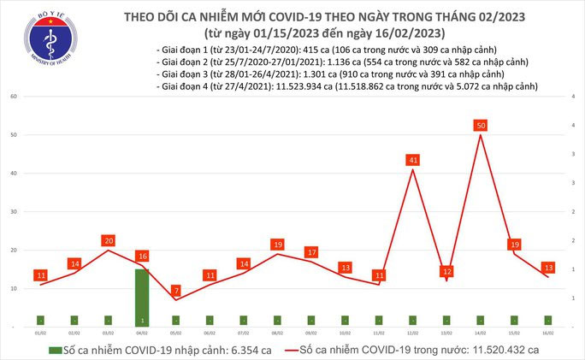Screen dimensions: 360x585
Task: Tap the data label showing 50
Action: [x=481, y=126]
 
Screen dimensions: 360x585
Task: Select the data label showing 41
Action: [x=414, y=160]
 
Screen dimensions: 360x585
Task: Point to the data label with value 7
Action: [x=175, y=291]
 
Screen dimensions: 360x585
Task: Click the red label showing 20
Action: [x=108, y=240]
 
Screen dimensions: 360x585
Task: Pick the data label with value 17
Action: [x=311, y=252]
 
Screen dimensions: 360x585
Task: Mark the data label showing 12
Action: [x=446, y=272]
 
